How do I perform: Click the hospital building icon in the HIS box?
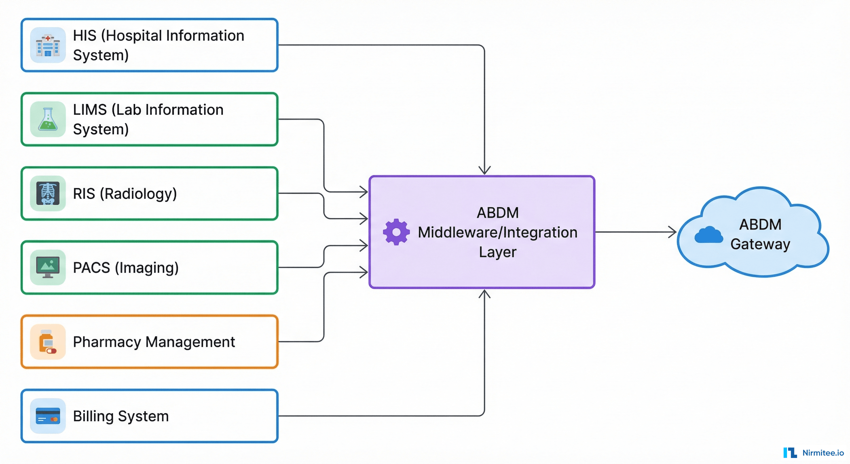point(48,46)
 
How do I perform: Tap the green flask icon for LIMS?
point(48,120)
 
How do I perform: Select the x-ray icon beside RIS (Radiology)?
point(48,194)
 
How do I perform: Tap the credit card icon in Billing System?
point(48,416)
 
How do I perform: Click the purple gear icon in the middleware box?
point(396,232)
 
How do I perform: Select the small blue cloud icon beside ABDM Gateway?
point(708,235)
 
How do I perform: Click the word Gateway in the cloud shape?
point(760,244)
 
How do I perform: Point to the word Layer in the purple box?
point(497,252)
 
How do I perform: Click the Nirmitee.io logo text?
point(823,453)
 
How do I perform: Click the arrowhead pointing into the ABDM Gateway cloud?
point(673,232)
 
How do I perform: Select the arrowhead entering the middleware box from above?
point(484,171)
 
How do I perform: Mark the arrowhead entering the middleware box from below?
point(484,294)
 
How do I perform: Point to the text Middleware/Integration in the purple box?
point(497,233)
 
